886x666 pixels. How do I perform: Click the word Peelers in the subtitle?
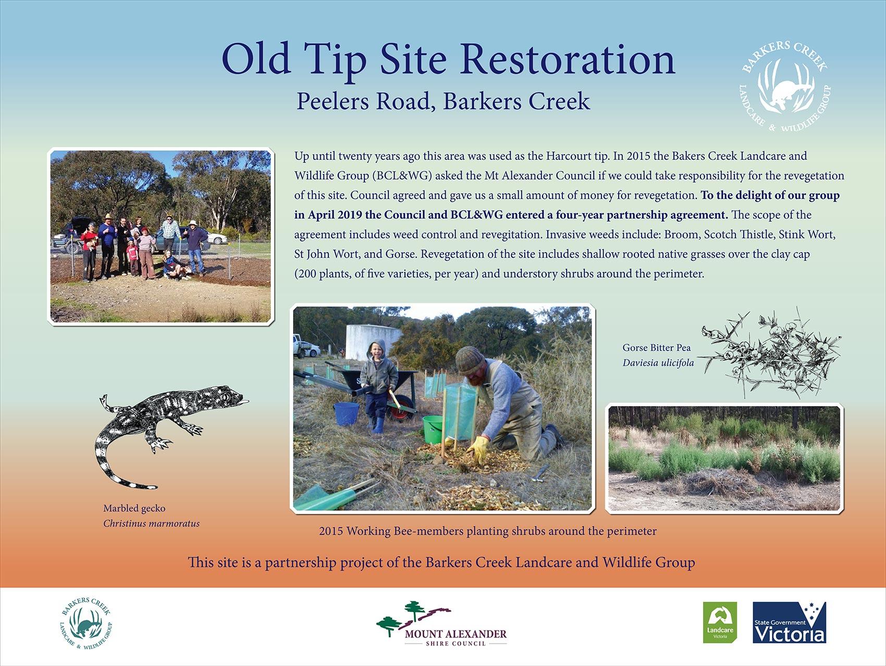(332, 101)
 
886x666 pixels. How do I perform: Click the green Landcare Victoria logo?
(720, 622)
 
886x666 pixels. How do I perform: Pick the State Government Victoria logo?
(789, 622)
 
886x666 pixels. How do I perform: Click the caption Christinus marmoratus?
(151, 523)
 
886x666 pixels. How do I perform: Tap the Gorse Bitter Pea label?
(656, 347)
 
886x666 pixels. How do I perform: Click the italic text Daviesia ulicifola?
(658, 362)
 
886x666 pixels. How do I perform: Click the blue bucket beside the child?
(346, 413)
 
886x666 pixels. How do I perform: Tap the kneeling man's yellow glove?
(478, 448)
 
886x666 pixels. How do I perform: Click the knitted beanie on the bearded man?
(470, 359)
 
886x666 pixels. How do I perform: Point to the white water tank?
(372, 341)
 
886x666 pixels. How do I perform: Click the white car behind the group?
(217, 238)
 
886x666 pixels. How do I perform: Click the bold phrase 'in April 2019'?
(328, 215)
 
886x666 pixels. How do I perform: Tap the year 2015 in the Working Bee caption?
(331, 531)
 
